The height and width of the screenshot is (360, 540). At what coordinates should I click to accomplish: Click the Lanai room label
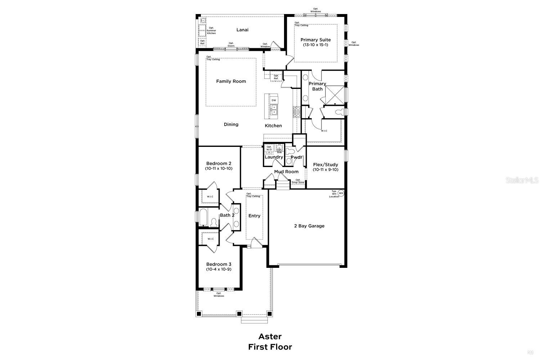242,30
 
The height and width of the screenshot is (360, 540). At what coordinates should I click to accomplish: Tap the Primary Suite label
316,40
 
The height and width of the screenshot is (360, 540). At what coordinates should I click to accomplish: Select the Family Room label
231,81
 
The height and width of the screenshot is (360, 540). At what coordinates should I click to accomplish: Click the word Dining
231,125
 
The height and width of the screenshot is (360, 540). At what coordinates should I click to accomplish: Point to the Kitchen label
273,126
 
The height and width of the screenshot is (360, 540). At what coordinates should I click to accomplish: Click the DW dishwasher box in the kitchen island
274,100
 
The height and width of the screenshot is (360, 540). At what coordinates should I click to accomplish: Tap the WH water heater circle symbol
341,193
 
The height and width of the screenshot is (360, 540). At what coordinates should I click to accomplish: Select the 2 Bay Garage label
309,226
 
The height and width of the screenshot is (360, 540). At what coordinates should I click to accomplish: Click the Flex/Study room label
325,165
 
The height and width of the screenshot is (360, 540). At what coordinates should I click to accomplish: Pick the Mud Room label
286,172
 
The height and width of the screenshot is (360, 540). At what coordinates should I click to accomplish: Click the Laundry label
274,157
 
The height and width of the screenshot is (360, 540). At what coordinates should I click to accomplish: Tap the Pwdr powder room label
297,157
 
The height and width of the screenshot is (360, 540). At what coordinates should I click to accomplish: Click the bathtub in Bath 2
203,217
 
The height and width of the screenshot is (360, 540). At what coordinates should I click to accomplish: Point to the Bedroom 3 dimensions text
219,269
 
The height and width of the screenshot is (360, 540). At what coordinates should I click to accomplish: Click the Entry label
254,216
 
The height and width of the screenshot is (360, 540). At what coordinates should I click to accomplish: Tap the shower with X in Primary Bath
334,94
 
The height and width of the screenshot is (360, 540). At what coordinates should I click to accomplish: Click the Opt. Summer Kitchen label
211,31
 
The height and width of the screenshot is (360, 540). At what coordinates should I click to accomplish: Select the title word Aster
270,336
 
